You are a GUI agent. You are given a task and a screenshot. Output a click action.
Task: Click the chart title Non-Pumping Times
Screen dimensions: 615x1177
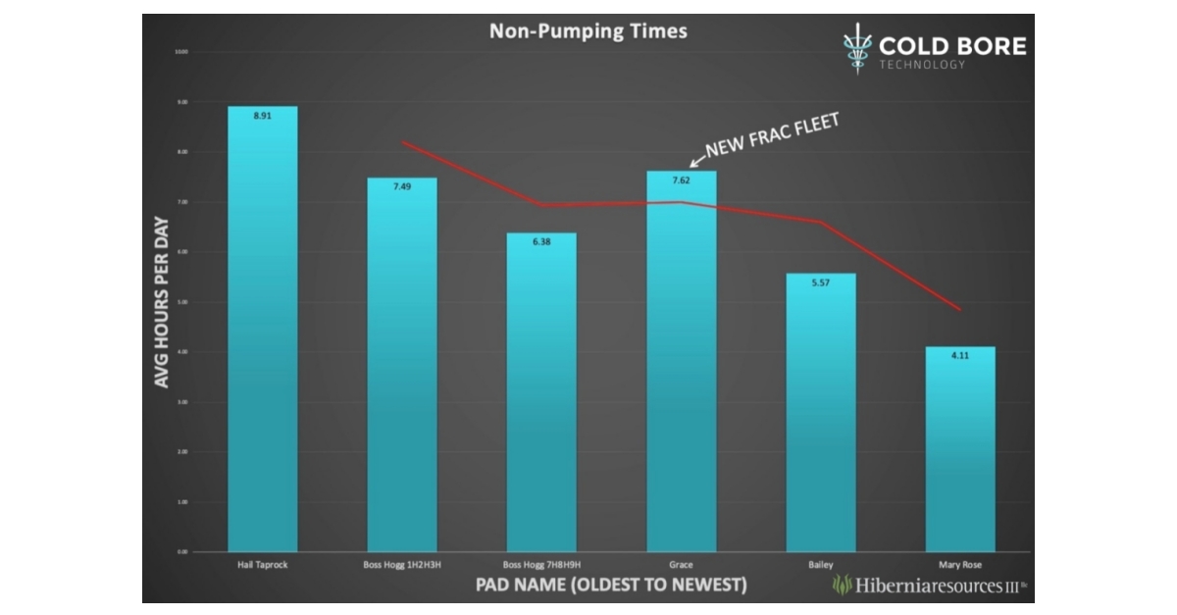[x=588, y=31]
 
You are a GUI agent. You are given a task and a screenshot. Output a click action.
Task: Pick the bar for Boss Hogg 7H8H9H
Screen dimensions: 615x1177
[x=540, y=392]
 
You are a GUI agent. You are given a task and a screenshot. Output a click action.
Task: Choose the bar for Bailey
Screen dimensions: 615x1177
[x=820, y=412]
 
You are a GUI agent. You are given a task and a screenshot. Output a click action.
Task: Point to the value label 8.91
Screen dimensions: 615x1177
[x=262, y=116]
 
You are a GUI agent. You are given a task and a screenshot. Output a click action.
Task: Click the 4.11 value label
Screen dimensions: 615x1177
[x=959, y=356]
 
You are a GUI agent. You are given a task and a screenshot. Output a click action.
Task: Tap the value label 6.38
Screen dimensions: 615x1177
[x=540, y=242]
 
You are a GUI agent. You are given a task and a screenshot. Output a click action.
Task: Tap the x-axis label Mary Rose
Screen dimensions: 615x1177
[x=959, y=565]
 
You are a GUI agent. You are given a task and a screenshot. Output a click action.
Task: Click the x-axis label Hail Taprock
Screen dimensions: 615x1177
[x=262, y=565]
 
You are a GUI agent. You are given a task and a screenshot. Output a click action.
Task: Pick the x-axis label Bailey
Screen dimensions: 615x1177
[x=820, y=565]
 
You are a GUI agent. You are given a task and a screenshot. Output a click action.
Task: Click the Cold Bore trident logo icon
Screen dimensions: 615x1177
[x=857, y=47]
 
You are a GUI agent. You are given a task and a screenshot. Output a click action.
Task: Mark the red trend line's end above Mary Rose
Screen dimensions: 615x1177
[x=959, y=309]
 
